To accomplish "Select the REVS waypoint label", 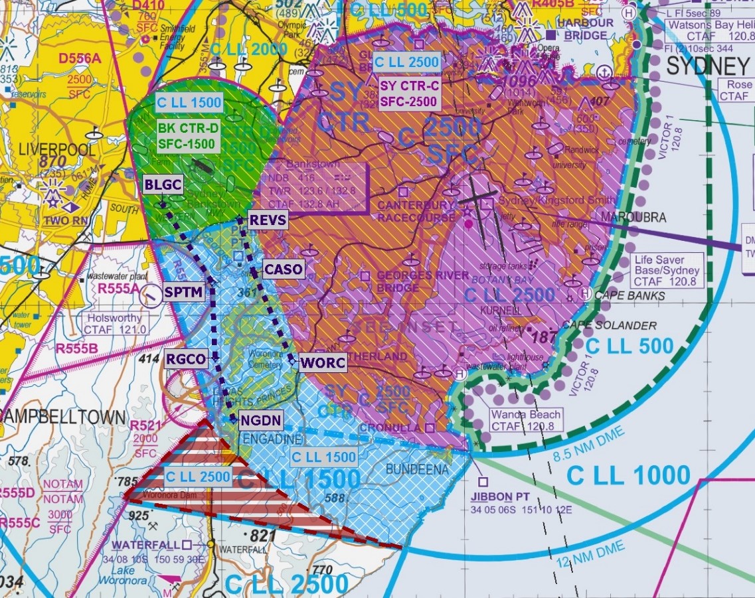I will tap(267, 220).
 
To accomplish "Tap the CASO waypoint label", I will tap(284, 269).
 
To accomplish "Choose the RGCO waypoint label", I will tap(186, 360).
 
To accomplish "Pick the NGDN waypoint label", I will tap(262, 419).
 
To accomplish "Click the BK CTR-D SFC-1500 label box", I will tap(187, 135).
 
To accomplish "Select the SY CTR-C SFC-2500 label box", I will tap(409, 94).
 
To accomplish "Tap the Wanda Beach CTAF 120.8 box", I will tap(525, 419).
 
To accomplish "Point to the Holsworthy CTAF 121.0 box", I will tap(115, 323).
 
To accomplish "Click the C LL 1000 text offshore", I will tap(629, 475).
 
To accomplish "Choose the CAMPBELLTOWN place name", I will tap(63, 417).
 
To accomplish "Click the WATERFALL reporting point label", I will tap(146, 545).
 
